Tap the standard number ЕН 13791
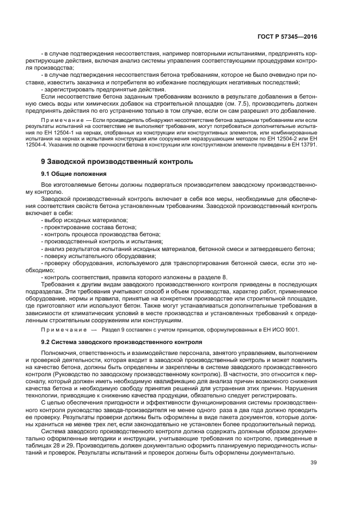point(305,145)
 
